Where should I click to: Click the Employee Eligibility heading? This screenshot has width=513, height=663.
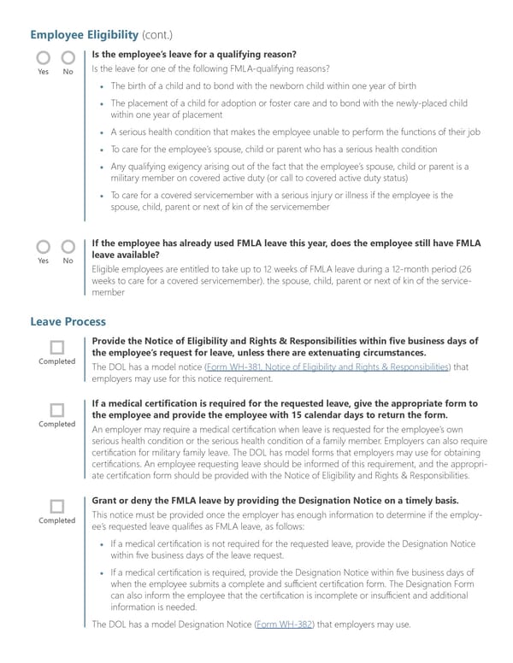[x=84, y=34]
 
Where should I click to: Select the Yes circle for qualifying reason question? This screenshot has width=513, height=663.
[x=43, y=58]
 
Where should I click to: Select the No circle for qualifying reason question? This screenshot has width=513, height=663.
[x=68, y=58]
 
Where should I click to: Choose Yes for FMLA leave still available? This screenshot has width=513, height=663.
[x=43, y=247]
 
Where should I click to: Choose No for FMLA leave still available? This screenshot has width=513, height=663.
[x=68, y=247]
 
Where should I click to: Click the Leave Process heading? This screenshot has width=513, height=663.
[x=68, y=322]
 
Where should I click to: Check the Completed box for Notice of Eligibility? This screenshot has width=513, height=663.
[x=57, y=347]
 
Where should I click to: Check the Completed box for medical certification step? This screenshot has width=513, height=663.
[x=57, y=409]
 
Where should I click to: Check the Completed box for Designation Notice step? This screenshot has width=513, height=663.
[x=57, y=506]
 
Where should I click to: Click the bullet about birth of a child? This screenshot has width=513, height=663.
[x=263, y=86]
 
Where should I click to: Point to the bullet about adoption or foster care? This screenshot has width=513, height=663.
[x=289, y=109]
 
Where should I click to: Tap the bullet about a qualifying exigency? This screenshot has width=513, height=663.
[x=289, y=172]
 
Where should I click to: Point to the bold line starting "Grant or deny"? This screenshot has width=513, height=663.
[x=274, y=500]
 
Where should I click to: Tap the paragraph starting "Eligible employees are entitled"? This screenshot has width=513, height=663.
[x=282, y=279]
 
